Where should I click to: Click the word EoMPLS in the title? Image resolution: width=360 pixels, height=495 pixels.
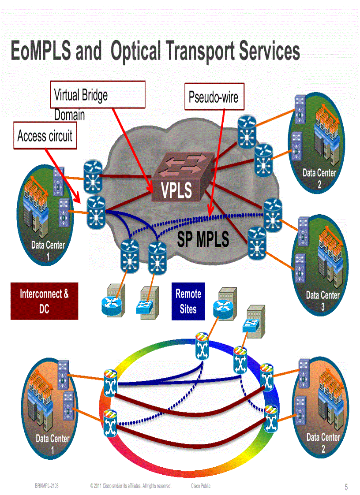(x=41, y=52)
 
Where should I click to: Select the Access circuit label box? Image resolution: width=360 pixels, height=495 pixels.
(x=45, y=136)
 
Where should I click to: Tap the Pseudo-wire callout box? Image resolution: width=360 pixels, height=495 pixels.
(x=213, y=97)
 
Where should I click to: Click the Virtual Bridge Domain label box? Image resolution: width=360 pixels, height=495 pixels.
(x=97, y=95)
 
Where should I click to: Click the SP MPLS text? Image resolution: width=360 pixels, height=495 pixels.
(x=203, y=239)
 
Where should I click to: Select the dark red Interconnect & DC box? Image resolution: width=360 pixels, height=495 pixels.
(x=44, y=301)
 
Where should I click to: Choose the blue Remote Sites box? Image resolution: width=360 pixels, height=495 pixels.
(x=188, y=301)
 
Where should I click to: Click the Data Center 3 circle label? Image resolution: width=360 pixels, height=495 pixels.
(x=323, y=300)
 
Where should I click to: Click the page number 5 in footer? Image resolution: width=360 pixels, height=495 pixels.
(x=346, y=487)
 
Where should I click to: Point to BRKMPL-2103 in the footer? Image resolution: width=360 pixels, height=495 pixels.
(x=47, y=486)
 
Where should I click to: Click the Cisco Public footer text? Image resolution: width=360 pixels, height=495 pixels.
(x=201, y=486)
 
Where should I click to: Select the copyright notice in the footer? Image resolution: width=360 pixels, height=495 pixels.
(x=131, y=486)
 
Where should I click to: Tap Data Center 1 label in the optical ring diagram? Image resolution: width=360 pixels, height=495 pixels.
(x=52, y=443)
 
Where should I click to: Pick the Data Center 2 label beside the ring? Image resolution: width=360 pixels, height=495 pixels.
(x=323, y=442)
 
